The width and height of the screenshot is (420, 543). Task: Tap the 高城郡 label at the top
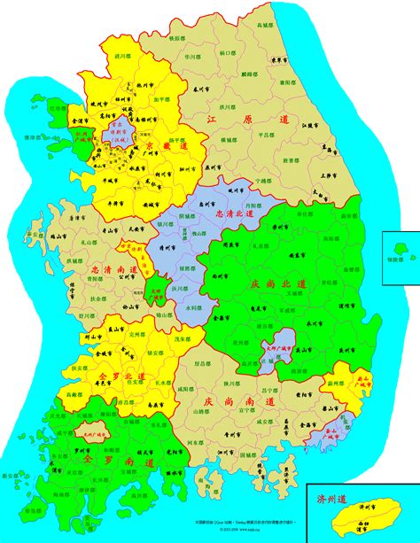[262, 27]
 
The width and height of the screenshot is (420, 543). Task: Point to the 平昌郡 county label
[264, 136]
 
